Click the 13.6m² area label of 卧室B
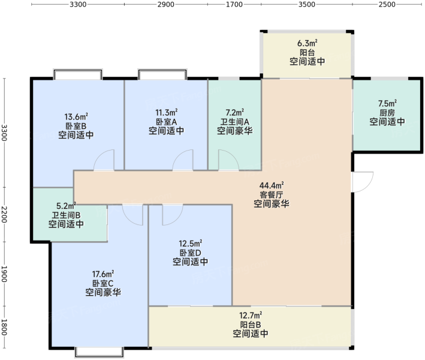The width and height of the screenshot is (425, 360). [x=76, y=117]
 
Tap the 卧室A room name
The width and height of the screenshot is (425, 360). [x=167, y=122]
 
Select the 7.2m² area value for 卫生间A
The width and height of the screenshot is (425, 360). [x=235, y=112]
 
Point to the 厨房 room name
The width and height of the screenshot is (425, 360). [x=387, y=113]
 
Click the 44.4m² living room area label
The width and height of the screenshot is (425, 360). [x=272, y=185]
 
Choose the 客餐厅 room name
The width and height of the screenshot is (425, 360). [x=272, y=194]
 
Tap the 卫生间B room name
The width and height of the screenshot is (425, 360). [x=66, y=215]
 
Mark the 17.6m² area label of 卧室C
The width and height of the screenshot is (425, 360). [x=103, y=274]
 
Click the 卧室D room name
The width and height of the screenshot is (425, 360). [x=191, y=253]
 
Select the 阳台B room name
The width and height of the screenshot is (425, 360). [x=251, y=325]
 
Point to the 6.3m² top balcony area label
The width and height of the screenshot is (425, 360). [x=308, y=43]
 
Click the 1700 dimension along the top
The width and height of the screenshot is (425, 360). [x=234, y=4]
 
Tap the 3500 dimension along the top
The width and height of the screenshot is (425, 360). [x=307, y=4]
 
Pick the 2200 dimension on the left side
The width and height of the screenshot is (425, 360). [x=4, y=214]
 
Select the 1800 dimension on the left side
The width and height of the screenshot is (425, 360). [x=4, y=327]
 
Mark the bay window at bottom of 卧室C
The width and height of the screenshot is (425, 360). [x=99, y=352]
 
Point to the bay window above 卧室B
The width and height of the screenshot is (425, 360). [x=78, y=74]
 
